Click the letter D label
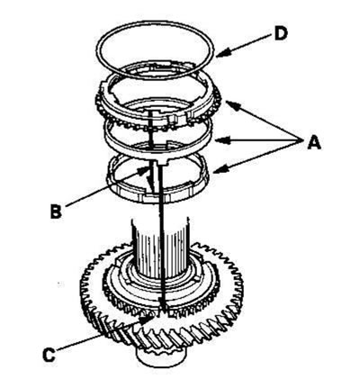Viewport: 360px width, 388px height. point(281,33)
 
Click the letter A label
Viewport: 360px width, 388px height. point(314,142)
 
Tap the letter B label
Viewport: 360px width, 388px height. point(56,211)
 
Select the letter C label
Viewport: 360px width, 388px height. point(49,355)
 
